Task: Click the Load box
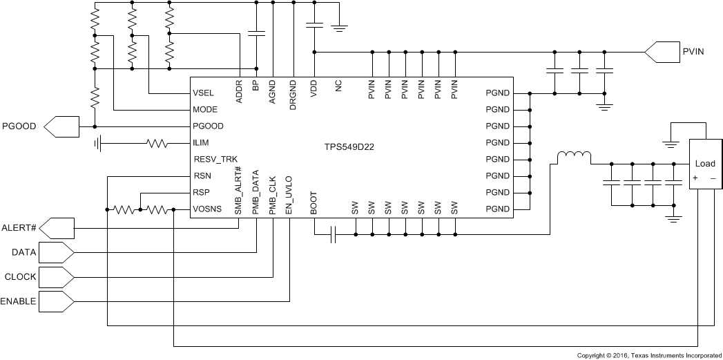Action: point(704,164)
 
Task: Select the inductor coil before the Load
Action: point(574,158)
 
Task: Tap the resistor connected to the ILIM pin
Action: point(157,144)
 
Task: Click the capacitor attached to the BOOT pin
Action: point(333,236)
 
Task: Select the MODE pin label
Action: point(206,110)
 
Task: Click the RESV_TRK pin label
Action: point(215,160)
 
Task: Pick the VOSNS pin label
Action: point(208,209)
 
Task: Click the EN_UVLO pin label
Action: point(289,196)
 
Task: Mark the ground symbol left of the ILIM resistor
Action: point(99,144)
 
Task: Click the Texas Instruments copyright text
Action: point(648,355)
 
